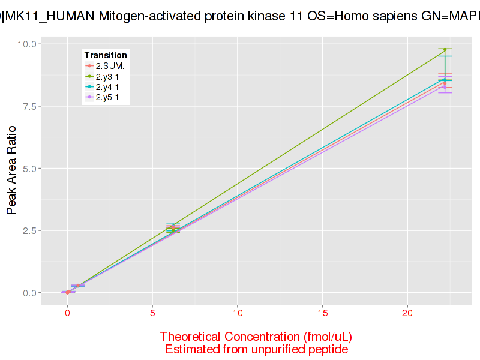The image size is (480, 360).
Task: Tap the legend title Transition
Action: pyautogui.click(x=106, y=55)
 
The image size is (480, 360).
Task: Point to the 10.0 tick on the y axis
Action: pyautogui.click(x=28, y=44)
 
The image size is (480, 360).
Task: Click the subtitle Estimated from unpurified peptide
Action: pyautogui.click(x=256, y=349)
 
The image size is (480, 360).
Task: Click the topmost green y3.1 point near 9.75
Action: pyautogui.click(x=445, y=50)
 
